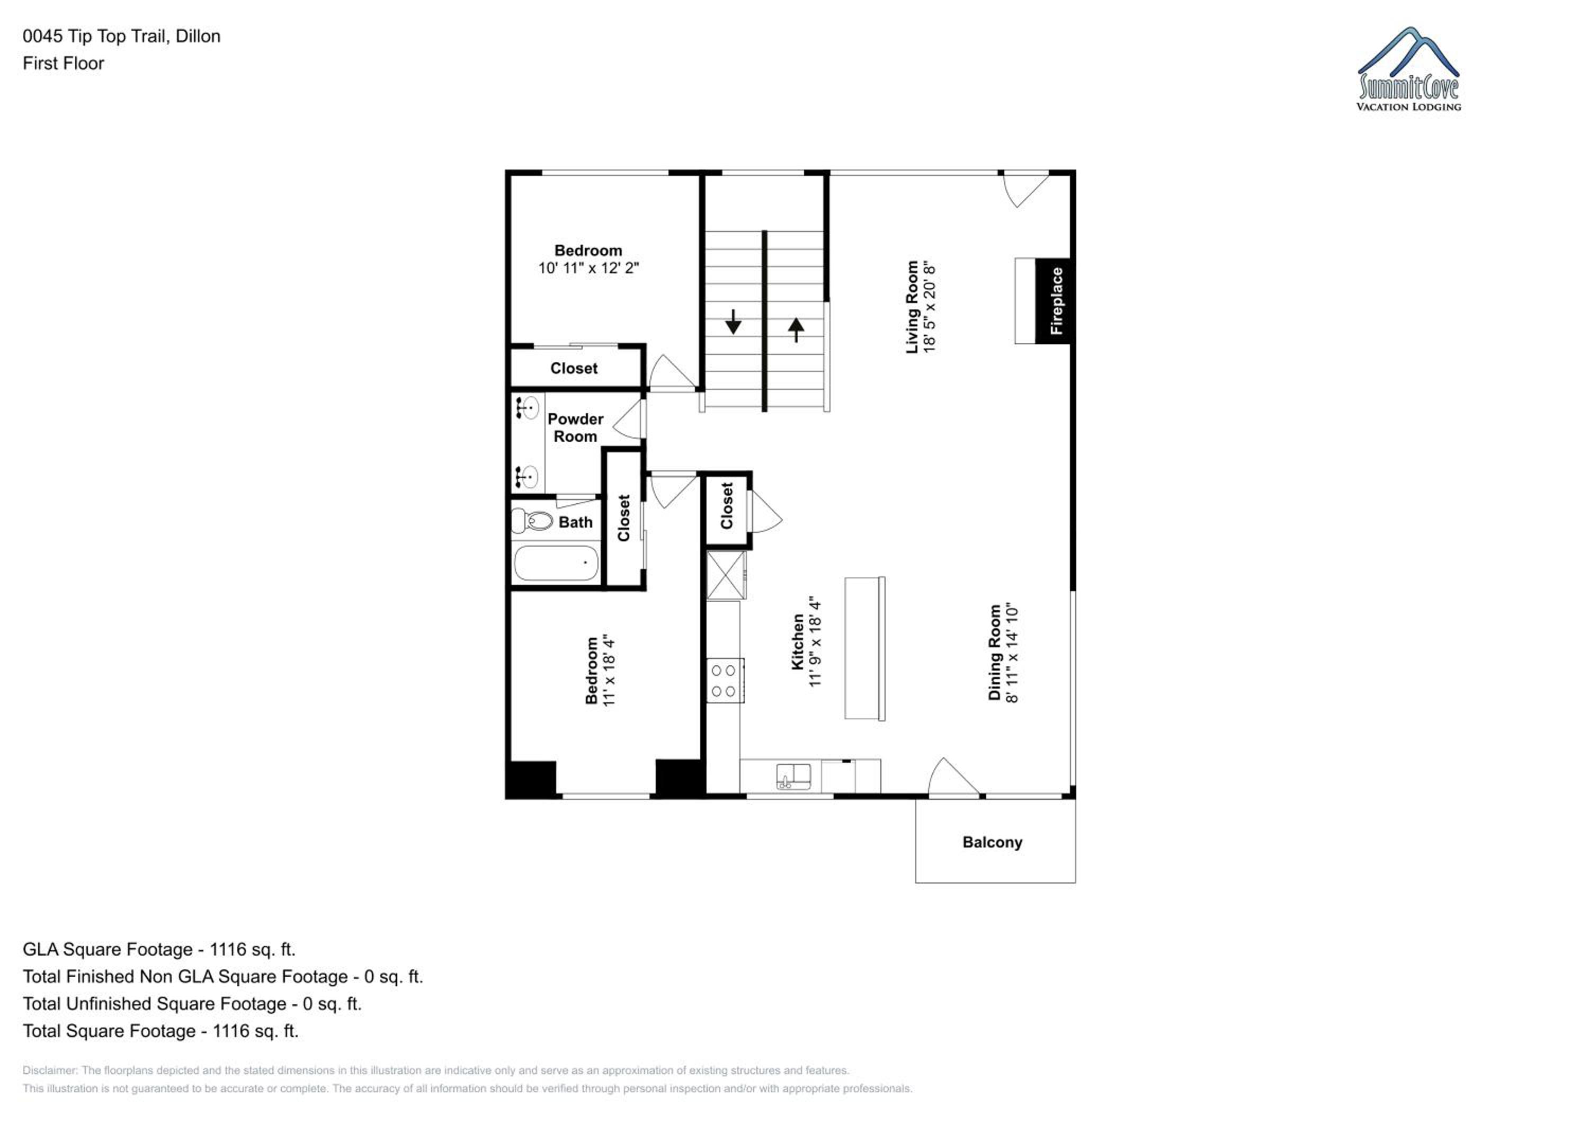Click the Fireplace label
[x=1056, y=300]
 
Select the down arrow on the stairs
[x=733, y=322]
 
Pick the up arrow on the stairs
[x=796, y=329]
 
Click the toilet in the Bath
[x=531, y=521]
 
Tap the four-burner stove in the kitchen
[x=725, y=680]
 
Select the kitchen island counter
[x=864, y=648]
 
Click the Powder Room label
[x=575, y=428]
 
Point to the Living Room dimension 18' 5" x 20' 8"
[x=930, y=307]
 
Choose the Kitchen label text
[x=797, y=641]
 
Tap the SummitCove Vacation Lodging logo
[x=1408, y=69]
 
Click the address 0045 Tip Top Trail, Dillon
[x=121, y=36]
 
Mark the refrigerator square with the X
[x=725, y=575]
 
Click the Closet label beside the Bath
[x=623, y=518]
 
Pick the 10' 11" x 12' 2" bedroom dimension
[x=588, y=268]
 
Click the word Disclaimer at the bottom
[x=50, y=1070]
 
